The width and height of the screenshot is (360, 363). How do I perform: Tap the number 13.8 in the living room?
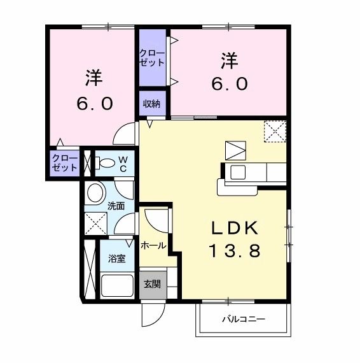234,251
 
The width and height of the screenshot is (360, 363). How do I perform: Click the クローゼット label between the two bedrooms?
152,58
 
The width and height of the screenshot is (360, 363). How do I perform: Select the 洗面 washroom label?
116,206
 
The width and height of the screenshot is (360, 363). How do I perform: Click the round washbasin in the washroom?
97,192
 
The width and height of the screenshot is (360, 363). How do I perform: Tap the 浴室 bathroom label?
116,259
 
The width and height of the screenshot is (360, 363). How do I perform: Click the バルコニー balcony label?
244,320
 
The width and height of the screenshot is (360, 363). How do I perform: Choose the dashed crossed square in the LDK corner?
275,132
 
